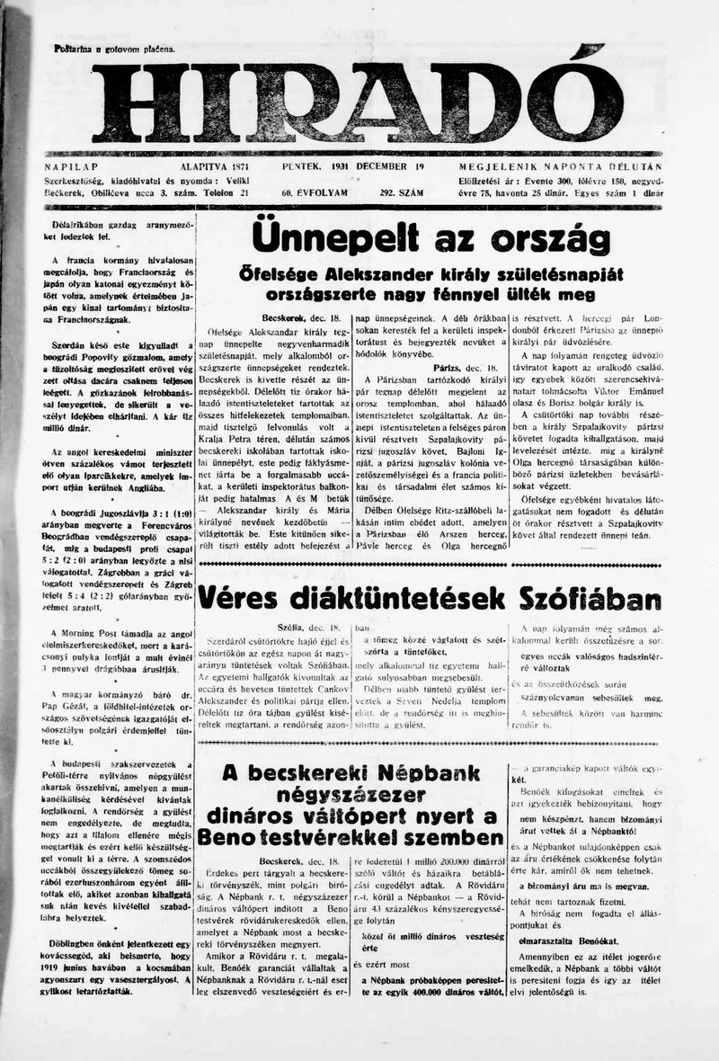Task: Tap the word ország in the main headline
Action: point(556,239)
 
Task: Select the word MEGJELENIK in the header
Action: point(500,167)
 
